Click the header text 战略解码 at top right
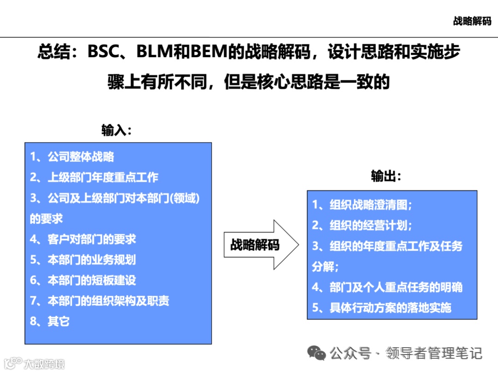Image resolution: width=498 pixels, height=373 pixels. pyautogui.click(x=472, y=21)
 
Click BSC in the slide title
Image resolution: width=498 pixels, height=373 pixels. pyautogui.click(x=104, y=52)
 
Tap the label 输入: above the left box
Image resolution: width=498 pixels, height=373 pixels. pyautogui.click(x=117, y=130)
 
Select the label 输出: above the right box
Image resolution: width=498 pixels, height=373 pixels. pyautogui.click(x=386, y=176)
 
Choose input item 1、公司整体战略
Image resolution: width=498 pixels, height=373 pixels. pyautogui.click(x=72, y=157)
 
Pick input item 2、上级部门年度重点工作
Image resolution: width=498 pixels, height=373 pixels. pyautogui.click(x=94, y=177)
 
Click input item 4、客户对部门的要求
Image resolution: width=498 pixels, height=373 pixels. pyautogui.click(x=83, y=239)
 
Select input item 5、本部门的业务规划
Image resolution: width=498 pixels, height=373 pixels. pyautogui.click(x=83, y=260)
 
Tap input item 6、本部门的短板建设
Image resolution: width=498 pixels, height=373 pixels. pyautogui.click(x=83, y=280)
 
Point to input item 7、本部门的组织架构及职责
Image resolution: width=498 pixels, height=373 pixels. pyautogui.click(x=100, y=301)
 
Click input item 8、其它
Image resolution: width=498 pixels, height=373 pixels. pyautogui.click(x=50, y=321)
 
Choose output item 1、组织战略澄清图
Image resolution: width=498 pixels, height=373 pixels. pyautogui.click(x=362, y=204)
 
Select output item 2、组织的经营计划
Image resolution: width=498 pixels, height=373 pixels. pyautogui.click(x=362, y=225)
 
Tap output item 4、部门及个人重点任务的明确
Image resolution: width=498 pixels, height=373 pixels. pyautogui.click(x=387, y=287)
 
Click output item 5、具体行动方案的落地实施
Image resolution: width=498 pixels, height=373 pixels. pyautogui.click(x=382, y=308)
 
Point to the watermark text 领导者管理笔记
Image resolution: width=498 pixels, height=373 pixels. pyautogui.click(x=434, y=353)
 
